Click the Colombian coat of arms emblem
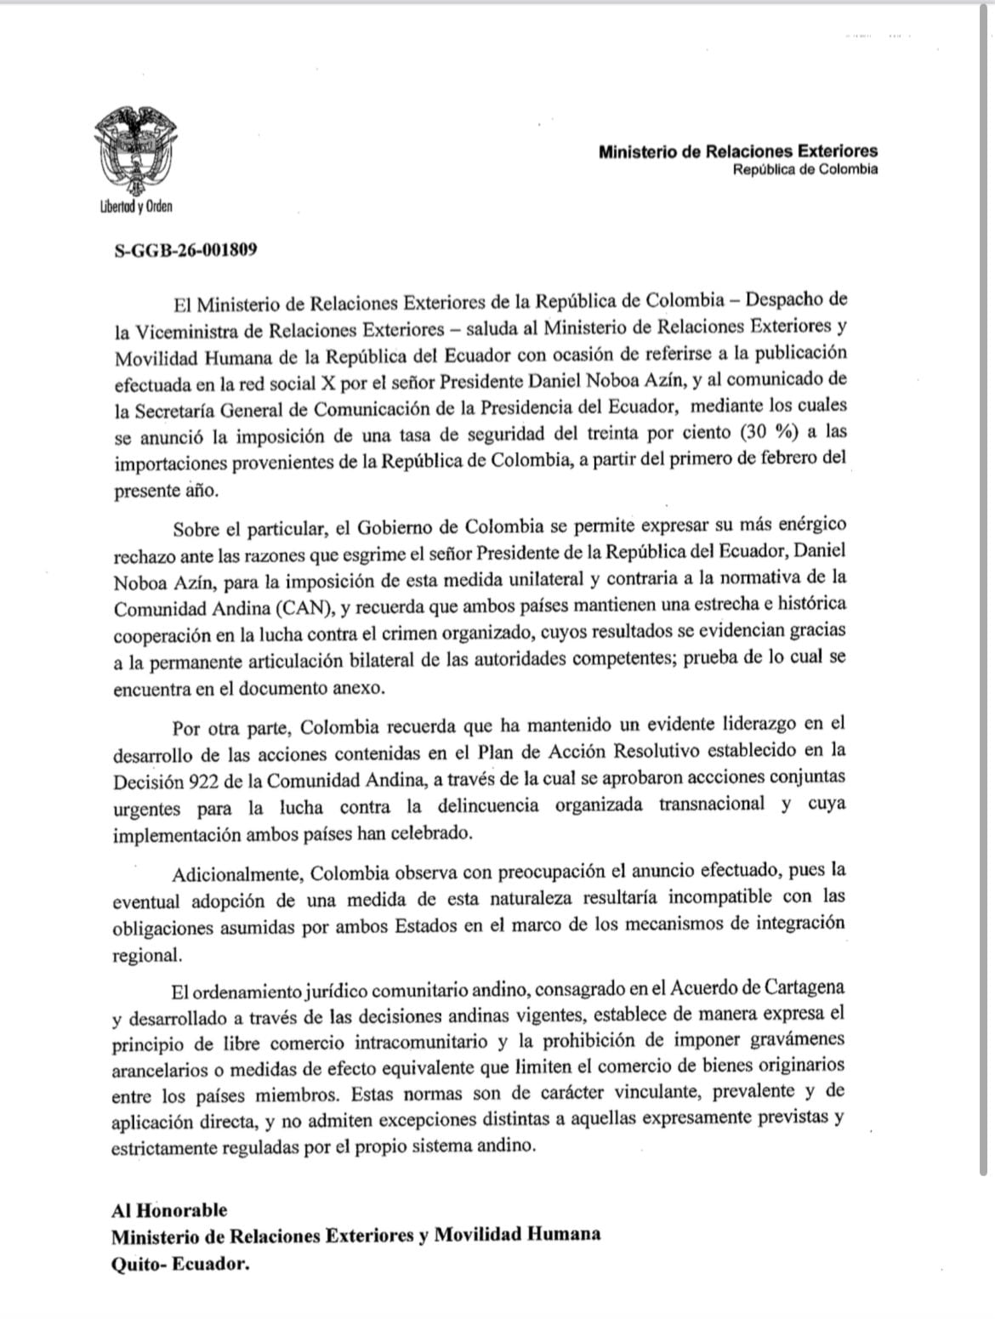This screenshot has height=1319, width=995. [x=136, y=153]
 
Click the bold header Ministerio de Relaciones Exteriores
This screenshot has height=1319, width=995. [x=737, y=152]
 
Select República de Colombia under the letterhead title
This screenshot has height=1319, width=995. [x=805, y=169]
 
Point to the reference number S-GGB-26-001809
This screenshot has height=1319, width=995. [x=185, y=251]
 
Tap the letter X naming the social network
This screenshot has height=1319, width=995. [x=310, y=379]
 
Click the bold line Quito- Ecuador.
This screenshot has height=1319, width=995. [x=180, y=1265]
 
